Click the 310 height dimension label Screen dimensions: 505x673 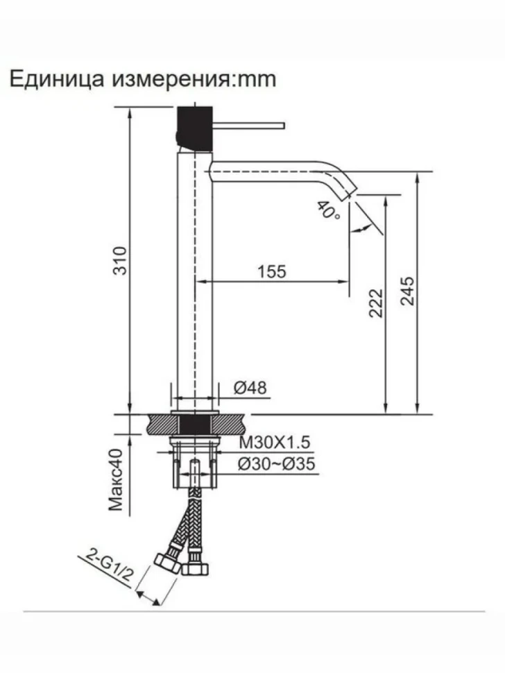click(121, 261)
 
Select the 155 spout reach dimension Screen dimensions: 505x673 click(272, 272)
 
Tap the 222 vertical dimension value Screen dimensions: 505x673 click(375, 303)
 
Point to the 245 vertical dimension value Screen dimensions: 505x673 click(407, 291)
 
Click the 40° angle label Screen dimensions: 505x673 click(329, 211)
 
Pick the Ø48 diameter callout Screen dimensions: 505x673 click(250, 388)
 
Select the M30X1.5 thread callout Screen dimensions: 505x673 click(275, 442)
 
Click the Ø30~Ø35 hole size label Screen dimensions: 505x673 click(277, 464)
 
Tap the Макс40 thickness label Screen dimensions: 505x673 click(116, 480)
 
